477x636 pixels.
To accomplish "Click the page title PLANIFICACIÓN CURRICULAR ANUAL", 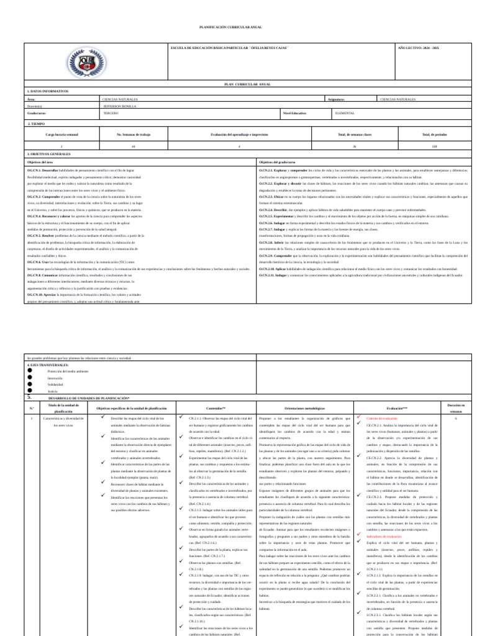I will coord(238,28).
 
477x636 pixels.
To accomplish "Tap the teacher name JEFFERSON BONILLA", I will coord(119,106).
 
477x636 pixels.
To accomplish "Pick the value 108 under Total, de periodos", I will coord(434,146).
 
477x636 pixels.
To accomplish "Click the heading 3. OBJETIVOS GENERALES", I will coord(48,153).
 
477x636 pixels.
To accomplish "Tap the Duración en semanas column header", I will coord(455,408).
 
